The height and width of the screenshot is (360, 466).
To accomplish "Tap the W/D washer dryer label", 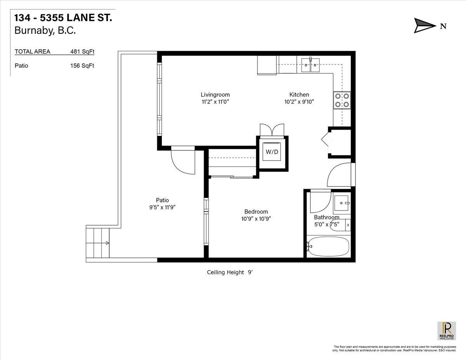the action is [x=272, y=152].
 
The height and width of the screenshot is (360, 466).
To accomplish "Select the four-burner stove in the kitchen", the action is [x=342, y=100].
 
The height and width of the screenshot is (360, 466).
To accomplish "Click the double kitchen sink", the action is [x=310, y=65].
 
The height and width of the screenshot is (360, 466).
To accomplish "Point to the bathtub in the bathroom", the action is [x=328, y=246].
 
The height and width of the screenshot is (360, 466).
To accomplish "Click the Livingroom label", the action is [x=215, y=94].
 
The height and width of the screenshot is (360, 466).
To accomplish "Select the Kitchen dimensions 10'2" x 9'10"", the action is [x=299, y=102].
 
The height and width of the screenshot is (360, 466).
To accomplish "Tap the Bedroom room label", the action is [x=256, y=212].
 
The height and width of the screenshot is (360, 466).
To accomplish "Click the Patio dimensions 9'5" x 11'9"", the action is [x=162, y=207].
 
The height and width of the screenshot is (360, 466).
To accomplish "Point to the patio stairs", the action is [x=97, y=243].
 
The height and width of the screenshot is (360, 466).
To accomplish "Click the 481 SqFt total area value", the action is [x=82, y=52].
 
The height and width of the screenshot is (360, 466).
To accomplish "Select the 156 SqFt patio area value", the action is [x=82, y=66].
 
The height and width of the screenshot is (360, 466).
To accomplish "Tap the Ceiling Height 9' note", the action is [x=230, y=272].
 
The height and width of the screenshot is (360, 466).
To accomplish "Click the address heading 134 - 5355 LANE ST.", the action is [x=63, y=17].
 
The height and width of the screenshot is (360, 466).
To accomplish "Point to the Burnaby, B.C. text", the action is [x=45, y=31].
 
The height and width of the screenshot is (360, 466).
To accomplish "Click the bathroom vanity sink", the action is [x=342, y=203].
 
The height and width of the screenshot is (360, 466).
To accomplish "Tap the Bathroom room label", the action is [x=327, y=217].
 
